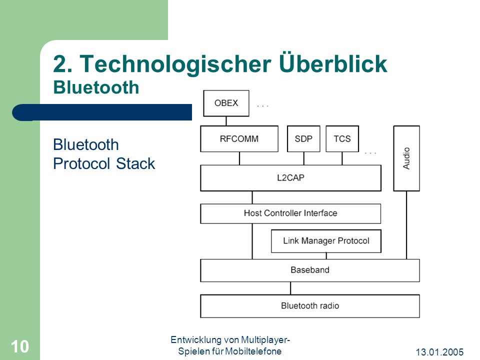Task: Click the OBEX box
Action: tap(226, 103)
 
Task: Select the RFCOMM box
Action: tap(239, 138)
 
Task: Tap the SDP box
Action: tap(303, 138)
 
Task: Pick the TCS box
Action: tap(342, 138)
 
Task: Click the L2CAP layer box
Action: tap(291, 178)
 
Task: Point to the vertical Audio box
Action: tap(406, 158)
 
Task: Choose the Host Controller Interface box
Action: tap(290, 213)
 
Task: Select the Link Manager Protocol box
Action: tap(326, 241)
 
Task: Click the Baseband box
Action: tap(310, 270)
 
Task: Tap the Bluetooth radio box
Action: tap(310, 306)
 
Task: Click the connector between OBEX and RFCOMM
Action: tap(226, 121)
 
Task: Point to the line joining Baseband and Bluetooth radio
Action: tap(290, 288)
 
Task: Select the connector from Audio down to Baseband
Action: tap(406, 225)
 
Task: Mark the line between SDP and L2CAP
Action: tap(303, 158)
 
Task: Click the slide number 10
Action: tap(20, 346)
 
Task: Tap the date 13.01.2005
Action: tap(439, 352)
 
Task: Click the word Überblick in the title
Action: tap(333, 63)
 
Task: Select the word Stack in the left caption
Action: tap(135, 163)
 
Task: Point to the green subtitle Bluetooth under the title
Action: tap(96, 87)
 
